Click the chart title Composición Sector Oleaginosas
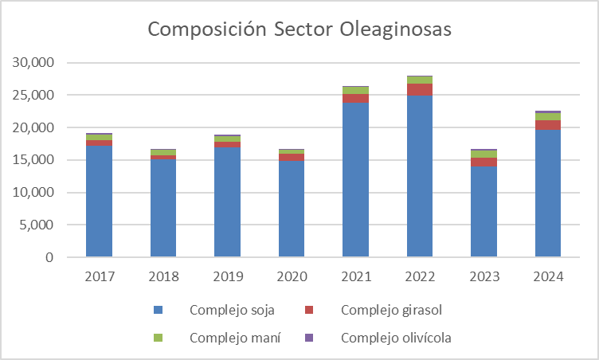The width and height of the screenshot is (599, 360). click(299, 29)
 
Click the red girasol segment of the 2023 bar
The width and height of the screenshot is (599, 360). click(484, 162)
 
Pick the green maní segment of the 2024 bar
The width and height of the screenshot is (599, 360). click(548, 116)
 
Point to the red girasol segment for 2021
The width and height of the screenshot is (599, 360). click(355, 99)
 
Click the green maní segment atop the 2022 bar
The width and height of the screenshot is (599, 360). click(420, 80)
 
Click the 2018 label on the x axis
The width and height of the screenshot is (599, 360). click(163, 277)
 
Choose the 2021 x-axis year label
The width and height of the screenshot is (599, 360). click(355, 277)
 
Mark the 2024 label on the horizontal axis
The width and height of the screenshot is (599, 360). click(548, 277)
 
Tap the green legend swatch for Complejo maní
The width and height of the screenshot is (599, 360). click(158, 338)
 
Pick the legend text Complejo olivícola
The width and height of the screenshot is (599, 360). click(396, 338)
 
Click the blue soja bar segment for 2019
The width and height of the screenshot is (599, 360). click(227, 202)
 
